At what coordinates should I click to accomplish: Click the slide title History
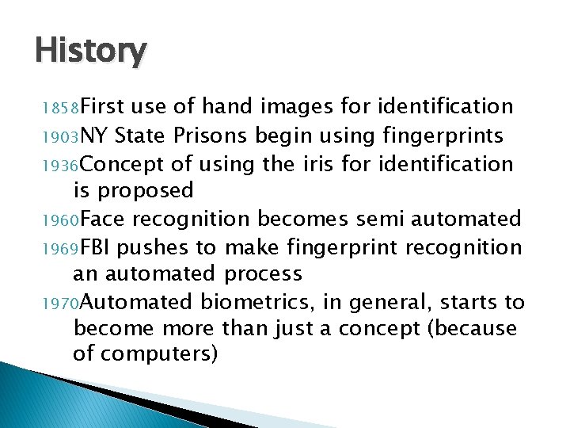pos(90,52)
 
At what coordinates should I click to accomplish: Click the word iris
pos(317,163)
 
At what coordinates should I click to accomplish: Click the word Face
pos(101,219)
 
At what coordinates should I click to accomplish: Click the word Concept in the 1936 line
pos(120,164)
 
